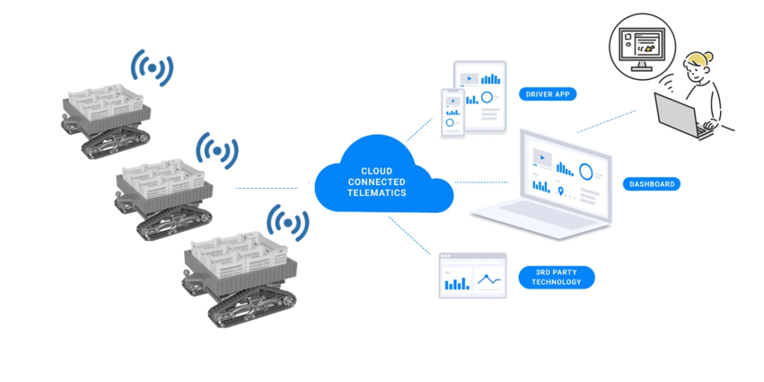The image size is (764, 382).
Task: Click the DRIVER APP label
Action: coord(548,95)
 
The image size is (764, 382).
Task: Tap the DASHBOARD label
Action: coord(651,184)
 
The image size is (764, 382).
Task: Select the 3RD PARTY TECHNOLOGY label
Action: coord(556,277)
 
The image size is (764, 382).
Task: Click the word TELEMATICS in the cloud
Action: coord(377,193)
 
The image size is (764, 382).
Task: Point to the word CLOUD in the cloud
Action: coord(377,171)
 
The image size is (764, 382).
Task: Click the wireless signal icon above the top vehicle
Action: coord(152,68)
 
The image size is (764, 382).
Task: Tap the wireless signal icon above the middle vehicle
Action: coord(216,151)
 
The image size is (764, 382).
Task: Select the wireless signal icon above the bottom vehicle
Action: coord(288,222)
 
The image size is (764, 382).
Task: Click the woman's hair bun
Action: coord(707,57)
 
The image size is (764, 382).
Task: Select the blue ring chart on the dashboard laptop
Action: coord(587,171)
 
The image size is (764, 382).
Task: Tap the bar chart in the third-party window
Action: coord(457,282)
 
